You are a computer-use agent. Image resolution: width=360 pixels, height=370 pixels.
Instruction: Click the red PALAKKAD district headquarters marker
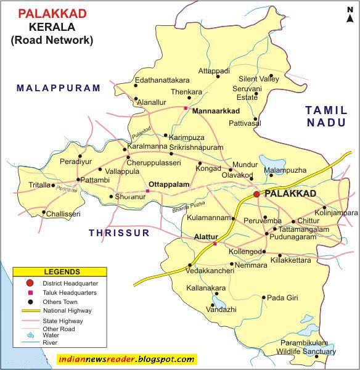[256, 194]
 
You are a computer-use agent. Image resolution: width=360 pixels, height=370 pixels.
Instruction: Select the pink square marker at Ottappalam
[147, 191]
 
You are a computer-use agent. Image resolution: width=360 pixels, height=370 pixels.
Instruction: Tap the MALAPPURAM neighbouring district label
[59, 88]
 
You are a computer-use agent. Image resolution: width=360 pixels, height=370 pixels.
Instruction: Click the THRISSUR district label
[119, 233]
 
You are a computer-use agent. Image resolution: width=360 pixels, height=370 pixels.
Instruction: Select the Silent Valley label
[259, 80]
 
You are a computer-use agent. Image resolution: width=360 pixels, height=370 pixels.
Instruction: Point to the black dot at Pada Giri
[264, 298]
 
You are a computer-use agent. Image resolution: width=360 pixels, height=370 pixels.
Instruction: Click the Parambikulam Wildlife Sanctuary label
[306, 347]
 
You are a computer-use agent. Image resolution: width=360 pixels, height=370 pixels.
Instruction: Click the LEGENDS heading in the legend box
[61, 271]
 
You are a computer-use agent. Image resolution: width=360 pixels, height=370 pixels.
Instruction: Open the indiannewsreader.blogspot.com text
[126, 359]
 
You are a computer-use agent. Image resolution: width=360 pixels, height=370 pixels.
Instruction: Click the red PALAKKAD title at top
[52, 12]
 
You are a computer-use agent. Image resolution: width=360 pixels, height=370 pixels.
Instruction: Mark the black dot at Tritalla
[54, 185]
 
